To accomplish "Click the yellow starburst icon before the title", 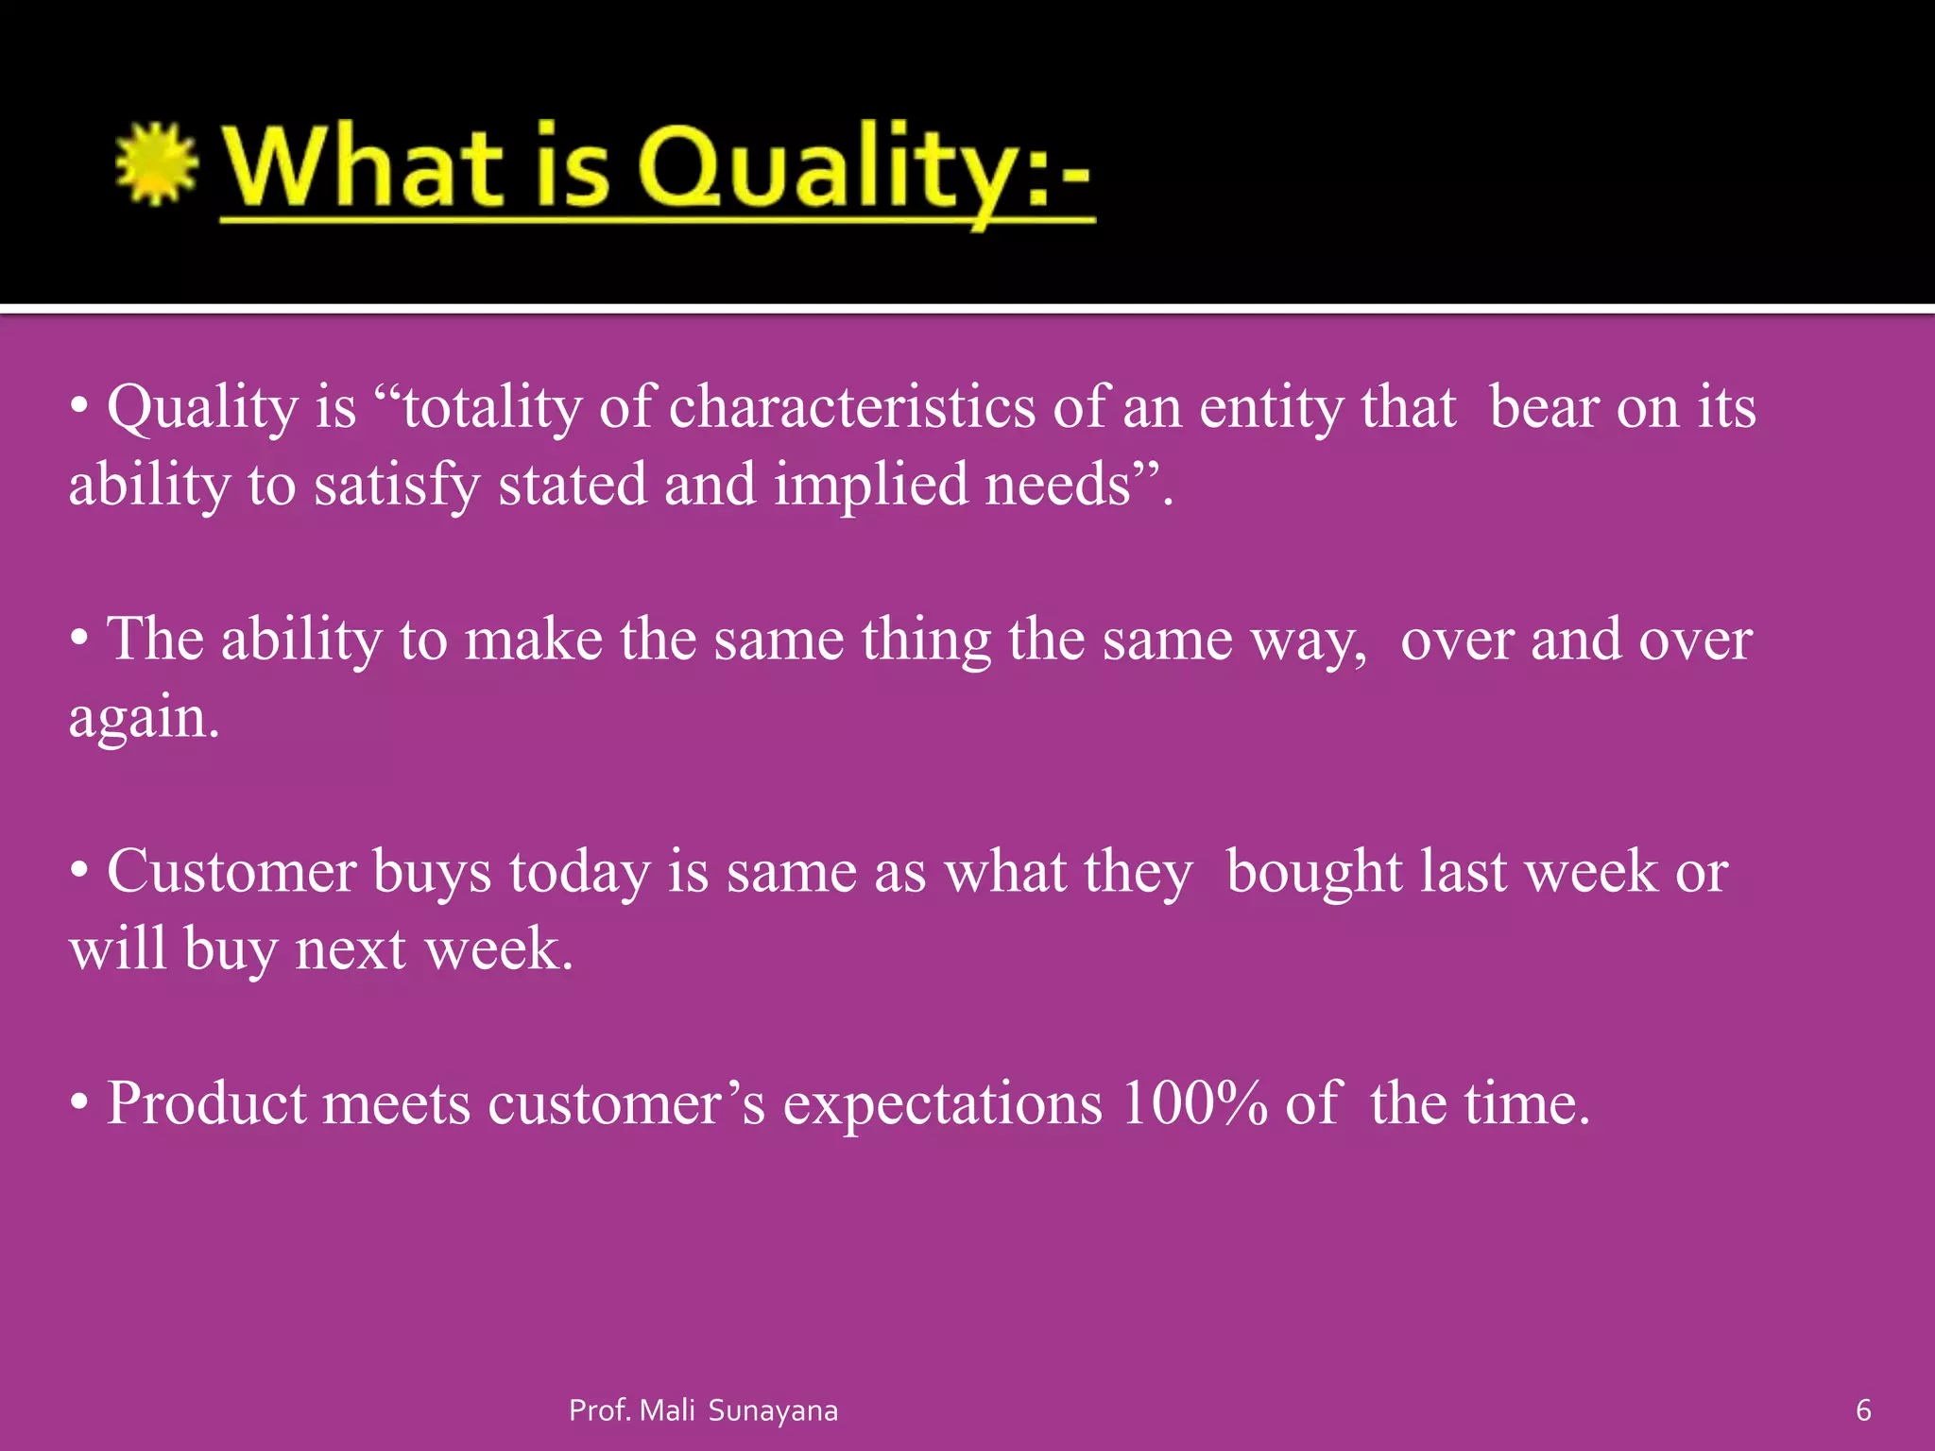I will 156,164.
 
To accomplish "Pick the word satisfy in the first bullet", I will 397,486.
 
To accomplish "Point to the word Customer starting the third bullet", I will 231,871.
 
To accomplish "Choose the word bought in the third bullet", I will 1314,871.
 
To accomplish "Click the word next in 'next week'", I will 351,949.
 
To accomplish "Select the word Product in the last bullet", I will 206,1103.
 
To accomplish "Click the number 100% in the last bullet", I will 1194,1103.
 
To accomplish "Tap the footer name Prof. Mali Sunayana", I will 703,1410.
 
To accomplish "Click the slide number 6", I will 1863,1410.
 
